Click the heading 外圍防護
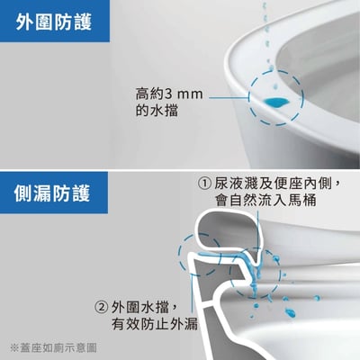tap(54, 22)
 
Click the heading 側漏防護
tap(52, 193)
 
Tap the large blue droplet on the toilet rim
tap(277, 102)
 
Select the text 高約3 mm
tap(169, 94)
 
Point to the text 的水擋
tap(157, 111)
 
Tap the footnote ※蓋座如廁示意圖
tap(53, 348)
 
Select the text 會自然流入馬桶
tap(265, 200)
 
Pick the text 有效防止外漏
tap(155, 323)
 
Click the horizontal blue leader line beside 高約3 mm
tap(229, 97)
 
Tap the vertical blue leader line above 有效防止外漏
tap(192, 294)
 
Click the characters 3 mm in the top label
tap(184, 94)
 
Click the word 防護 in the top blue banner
tap(73, 22)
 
